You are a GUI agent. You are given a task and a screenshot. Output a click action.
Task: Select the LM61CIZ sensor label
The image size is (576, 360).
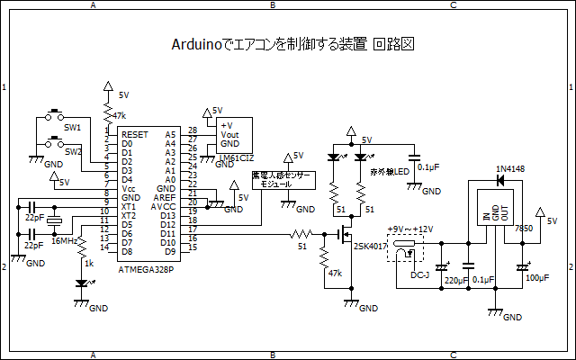point(237,158)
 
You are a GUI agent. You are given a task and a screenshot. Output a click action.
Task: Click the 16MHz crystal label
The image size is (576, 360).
point(63,241)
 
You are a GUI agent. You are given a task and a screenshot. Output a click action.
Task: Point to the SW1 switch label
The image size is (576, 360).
point(72,128)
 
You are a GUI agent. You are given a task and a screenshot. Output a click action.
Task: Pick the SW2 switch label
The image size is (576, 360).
point(73,152)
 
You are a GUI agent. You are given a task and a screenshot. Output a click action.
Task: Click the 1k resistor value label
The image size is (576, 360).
point(88,262)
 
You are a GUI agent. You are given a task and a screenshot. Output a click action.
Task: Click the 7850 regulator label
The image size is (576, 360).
point(523,229)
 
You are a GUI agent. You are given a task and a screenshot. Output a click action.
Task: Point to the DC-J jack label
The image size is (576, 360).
point(419,274)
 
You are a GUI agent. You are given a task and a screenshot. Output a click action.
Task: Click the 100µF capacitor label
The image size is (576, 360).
point(536,278)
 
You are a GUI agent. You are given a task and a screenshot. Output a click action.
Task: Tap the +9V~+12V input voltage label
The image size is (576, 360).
point(409,229)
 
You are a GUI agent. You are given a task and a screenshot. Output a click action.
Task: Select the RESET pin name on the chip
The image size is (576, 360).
point(135,134)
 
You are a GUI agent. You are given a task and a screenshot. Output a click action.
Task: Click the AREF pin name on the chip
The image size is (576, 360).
point(166,196)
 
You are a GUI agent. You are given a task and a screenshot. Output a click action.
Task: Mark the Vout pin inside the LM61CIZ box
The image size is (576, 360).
point(229,134)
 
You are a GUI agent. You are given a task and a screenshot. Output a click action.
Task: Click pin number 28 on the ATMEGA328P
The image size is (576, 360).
point(191,130)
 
